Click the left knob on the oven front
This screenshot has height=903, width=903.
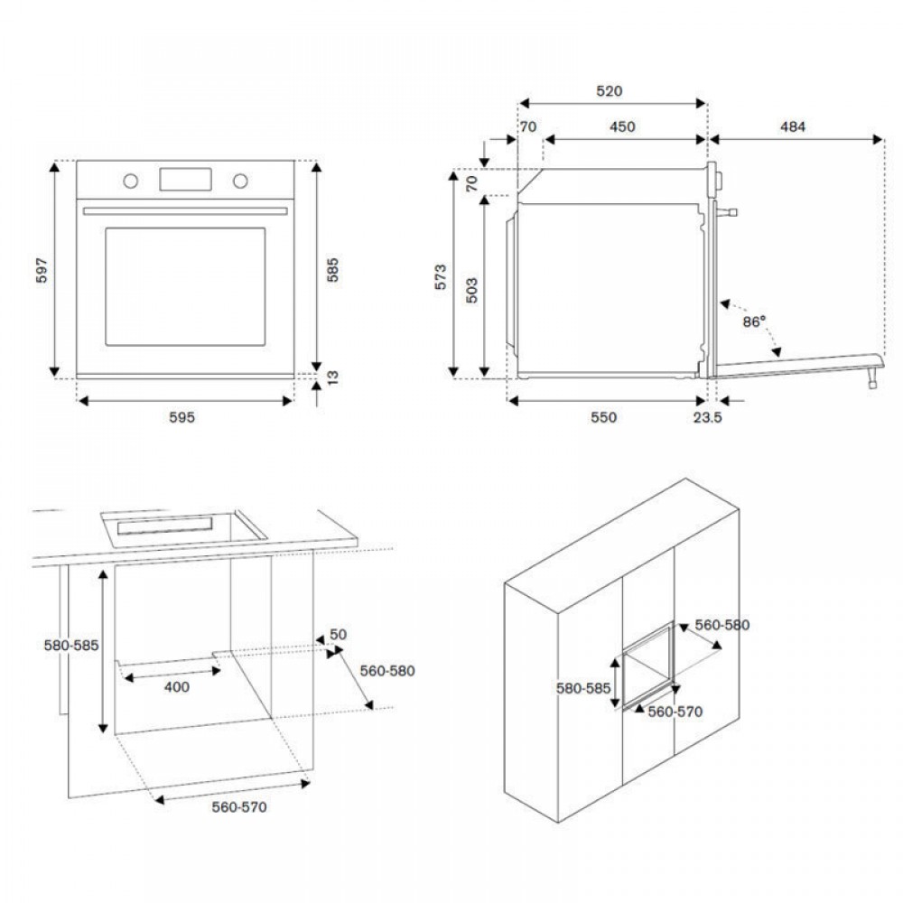click(x=131, y=181)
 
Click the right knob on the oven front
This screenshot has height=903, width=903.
click(x=240, y=181)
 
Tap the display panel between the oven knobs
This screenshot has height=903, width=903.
click(x=185, y=179)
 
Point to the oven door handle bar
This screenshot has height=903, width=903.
click(x=185, y=211)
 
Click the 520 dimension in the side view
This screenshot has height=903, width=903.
click(x=610, y=91)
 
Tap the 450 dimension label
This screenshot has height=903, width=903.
click(x=622, y=127)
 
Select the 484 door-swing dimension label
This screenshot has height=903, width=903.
click(x=792, y=127)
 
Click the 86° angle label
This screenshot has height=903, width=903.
click(x=755, y=321)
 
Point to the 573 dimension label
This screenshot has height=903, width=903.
click(x=440, y=276)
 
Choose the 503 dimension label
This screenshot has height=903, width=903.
click(x=471, y=289)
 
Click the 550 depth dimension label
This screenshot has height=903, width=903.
click(x=603, y=417)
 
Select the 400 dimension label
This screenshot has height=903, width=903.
click(x=178, y=687)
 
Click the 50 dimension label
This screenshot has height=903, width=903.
click(x=338, y=635)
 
